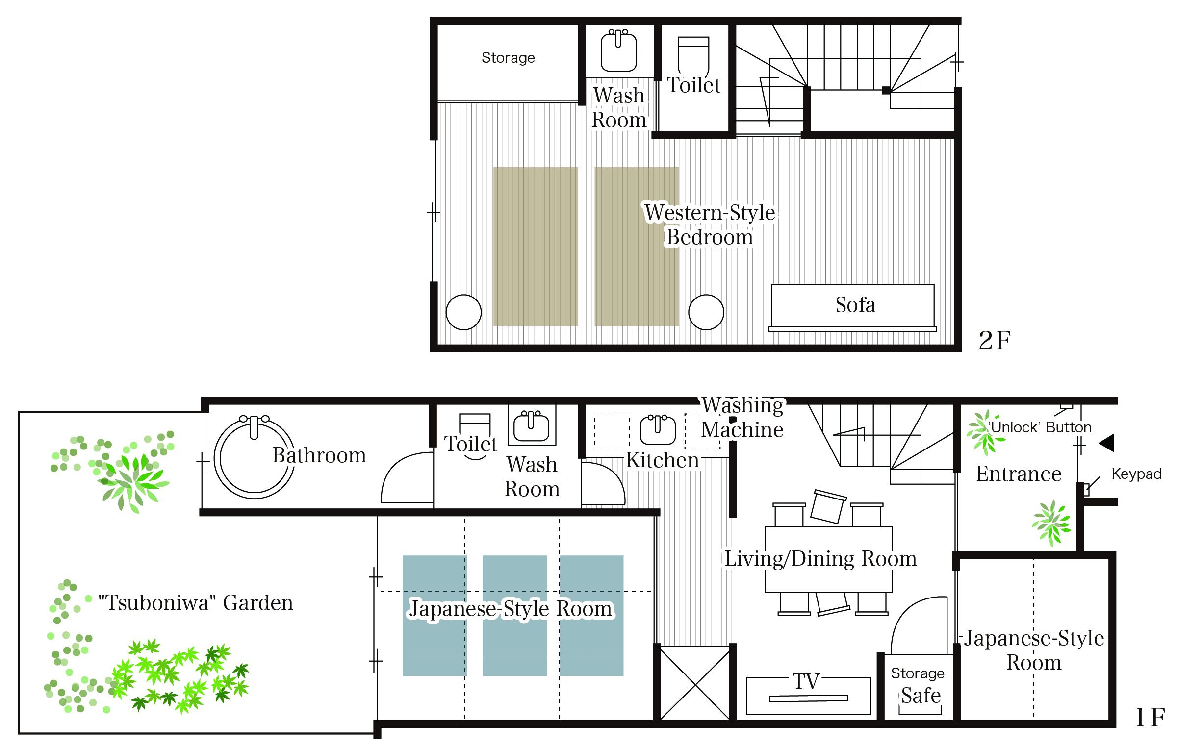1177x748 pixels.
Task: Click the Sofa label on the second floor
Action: point(855,305)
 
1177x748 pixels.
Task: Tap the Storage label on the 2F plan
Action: point(508,58)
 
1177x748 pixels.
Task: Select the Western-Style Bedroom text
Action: point(710,225)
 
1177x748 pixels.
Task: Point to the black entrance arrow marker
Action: point(1107,443)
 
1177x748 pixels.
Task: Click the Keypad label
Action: point(1137,474)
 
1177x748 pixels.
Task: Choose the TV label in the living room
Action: point(806,681)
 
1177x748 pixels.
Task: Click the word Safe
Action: point(921,696)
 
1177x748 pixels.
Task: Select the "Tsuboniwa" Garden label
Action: point(196,603)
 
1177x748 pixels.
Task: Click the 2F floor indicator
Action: point(995,341)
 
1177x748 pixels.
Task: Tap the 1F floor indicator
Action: point(1151,718)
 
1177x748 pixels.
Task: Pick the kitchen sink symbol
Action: point(658,430)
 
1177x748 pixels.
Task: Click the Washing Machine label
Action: point(742,417)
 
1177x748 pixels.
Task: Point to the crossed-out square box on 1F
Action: point(695,683)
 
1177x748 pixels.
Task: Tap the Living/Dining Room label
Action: point(820,559)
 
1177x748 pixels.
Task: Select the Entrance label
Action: point(1019,474)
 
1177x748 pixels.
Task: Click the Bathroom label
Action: point(319,455)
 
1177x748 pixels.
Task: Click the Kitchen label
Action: point(663,460)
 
